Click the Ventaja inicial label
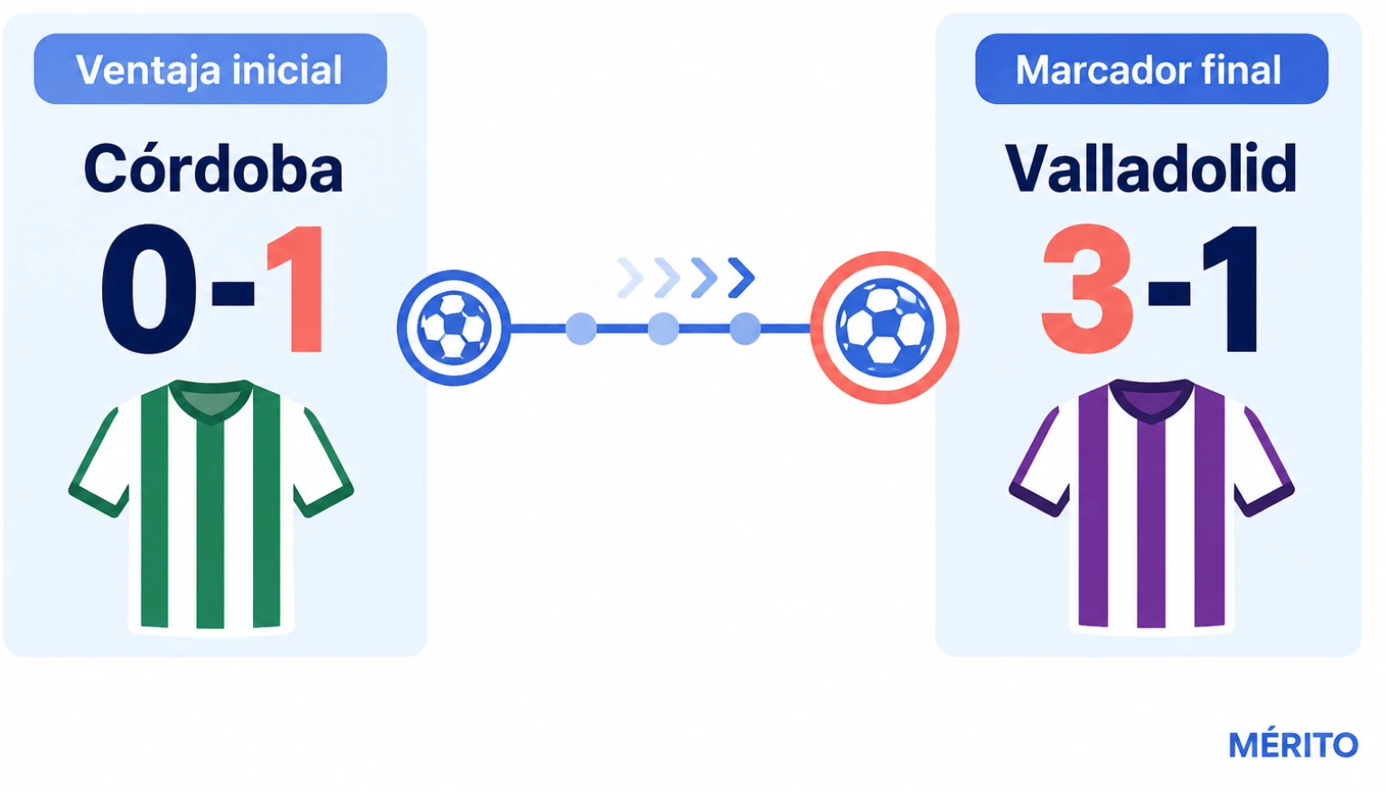210,69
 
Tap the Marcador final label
1149,69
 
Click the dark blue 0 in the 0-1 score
149,289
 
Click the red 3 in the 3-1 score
1087,289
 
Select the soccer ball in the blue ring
454,327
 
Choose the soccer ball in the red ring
885,327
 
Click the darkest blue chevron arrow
741,278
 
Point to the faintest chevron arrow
630,278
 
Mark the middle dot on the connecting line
663,328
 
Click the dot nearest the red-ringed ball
745,328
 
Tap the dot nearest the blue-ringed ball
581,328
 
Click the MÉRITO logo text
1293,745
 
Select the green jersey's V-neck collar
211,401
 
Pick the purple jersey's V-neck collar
1151,401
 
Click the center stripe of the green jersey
211,526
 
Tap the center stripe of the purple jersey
1151,526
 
